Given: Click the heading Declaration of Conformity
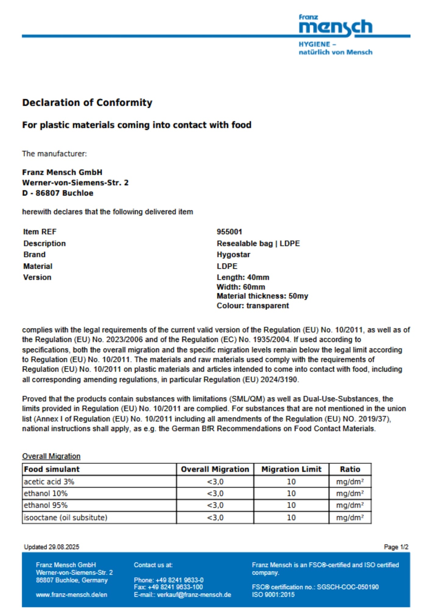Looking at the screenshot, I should tap(87, 102).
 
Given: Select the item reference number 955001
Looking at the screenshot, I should tap(229, 232).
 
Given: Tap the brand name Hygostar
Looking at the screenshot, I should tap(233, 255).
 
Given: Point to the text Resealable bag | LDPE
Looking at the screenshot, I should tap(258, 243).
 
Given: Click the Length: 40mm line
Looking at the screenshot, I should tap(243, 277).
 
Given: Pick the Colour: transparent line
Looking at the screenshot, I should tap(253, 306).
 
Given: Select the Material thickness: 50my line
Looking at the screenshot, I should tap(262, 296).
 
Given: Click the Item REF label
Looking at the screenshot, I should tap(40, 232).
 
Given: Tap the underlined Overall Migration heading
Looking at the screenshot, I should tap(51, 456).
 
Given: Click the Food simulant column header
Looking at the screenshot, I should tap(52, 469).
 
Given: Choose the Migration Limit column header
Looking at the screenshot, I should tap(291, 469).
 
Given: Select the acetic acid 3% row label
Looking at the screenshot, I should tap(49, 482).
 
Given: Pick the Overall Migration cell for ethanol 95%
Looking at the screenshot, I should tap(215, 505).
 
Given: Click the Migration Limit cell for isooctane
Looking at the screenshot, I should tap(291, 518).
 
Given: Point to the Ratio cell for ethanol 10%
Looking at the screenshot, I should tap(350, 493).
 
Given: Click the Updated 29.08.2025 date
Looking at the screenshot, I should tap(52, 547).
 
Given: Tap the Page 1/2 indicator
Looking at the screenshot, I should tap(396, 547).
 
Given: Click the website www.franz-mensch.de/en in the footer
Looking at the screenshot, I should tap(72, 594).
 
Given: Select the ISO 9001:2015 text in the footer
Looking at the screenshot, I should tap(273, 594).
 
